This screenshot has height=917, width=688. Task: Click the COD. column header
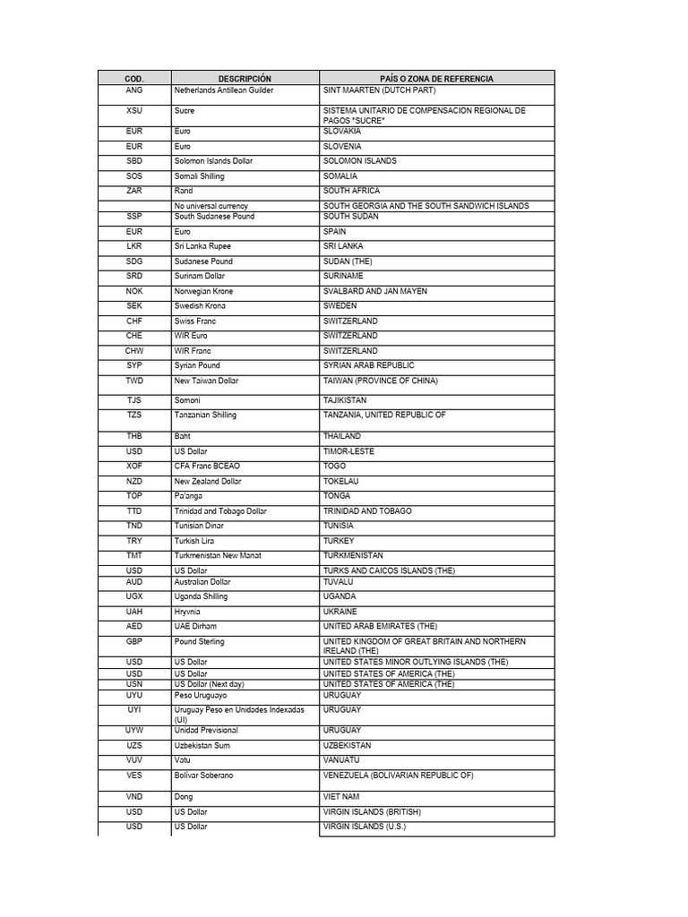click(134, 79)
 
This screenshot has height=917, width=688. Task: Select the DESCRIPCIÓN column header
click(245, 79)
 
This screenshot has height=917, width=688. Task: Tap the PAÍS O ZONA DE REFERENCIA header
click(436, 79)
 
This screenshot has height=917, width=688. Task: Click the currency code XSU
click(134, 111)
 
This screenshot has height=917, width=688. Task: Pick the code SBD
click(134, 161)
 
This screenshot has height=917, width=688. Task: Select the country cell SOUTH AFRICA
click(351, 191)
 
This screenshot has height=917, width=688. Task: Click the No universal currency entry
click(211, 206)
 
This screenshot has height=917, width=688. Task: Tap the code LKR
click(134, 246)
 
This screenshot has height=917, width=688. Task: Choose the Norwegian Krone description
click(204, 291)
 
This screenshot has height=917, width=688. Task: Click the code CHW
click(134, 351)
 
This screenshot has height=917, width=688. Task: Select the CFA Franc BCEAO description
click(208, 467)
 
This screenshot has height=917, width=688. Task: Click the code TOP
click(134, 496)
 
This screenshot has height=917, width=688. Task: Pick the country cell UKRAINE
click(340, 612)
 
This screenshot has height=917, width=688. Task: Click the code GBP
click(134, 642)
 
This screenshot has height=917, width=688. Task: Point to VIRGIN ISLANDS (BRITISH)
click(372, 812)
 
